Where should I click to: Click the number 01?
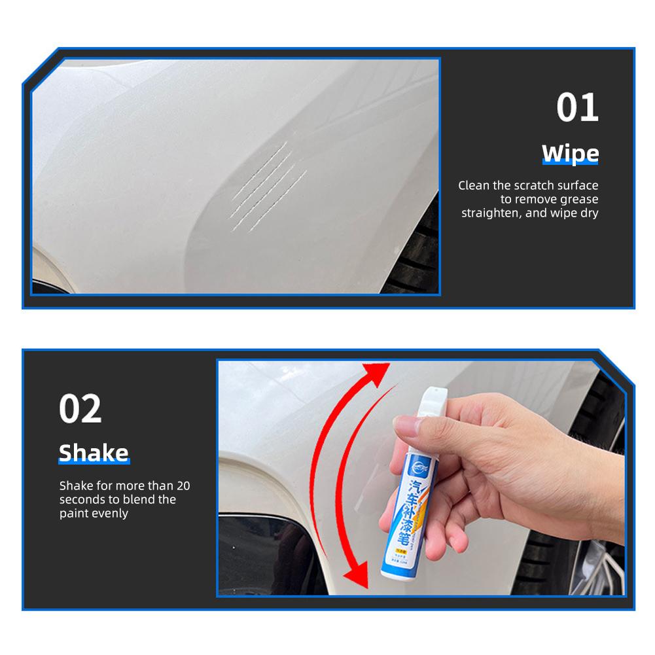(x=577, y=108)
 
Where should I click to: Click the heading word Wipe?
(x=570, y=154)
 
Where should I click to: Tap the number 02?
(x=80, y=408)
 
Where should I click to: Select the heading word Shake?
(x=94, y=453)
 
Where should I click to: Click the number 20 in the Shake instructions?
(x=183, y=486)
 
